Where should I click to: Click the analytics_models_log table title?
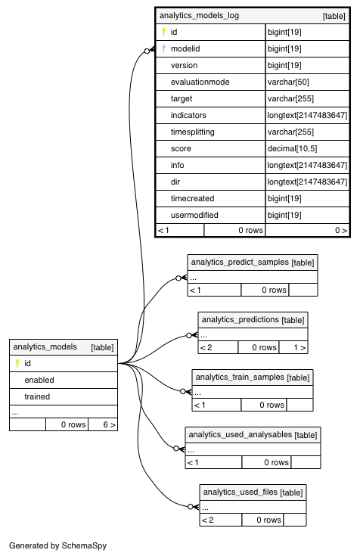click(x=199, y=16)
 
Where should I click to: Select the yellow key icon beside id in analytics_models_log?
click(x=163, y=32)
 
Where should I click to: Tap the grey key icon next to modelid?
click(x=163, y=48)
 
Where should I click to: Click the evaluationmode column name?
click(x=200, y=82)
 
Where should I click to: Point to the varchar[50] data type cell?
click(x=288, y=82)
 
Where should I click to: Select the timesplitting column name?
click(x=193, y=132)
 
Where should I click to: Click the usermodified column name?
click(x=194, y=215)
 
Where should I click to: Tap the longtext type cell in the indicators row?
click(x=307, y=115)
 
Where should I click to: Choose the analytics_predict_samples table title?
click(x=240, y=262)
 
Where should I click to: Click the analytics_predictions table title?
click(x=240, y=319)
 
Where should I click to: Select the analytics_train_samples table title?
click(x=240, y=377)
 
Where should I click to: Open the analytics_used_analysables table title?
click(x=240, y=434)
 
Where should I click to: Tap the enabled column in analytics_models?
click(x=39, y=380)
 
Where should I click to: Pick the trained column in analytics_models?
click(x=37, y=396)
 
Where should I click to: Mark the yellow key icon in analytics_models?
click(x=17, y=363)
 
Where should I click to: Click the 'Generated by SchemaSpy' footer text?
click(x=57, y=545)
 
